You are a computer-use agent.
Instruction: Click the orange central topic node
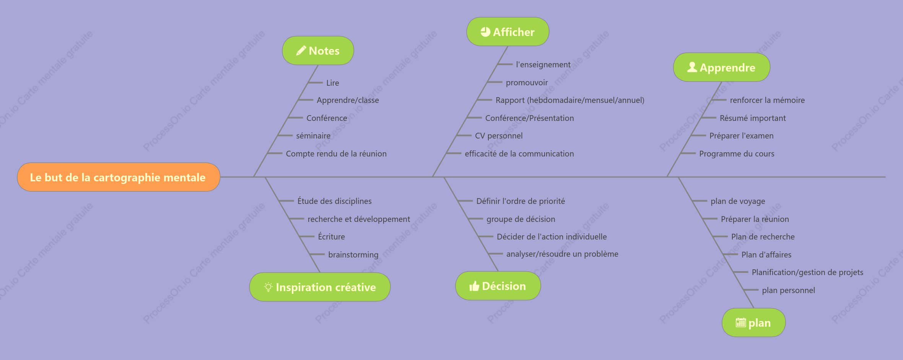119,177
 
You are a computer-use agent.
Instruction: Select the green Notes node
318,50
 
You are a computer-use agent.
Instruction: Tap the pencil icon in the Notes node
301,50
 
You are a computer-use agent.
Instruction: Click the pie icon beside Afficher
485,32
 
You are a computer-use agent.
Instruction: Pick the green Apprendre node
722,67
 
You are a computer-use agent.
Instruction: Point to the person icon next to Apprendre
692,67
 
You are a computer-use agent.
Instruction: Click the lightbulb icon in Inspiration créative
268,287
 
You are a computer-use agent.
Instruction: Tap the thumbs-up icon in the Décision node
474,286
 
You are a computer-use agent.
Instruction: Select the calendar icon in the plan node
741,323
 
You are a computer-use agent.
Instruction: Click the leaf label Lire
333,83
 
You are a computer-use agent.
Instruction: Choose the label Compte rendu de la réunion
336,154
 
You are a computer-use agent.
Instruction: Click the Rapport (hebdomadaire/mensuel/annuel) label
570,100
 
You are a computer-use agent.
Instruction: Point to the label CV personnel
499,136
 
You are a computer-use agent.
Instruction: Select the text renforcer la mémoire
767,100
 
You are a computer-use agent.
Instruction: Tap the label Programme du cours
737,154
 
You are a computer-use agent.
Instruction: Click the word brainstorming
353,255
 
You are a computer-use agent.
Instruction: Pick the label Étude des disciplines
335,201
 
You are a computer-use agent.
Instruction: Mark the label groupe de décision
521,219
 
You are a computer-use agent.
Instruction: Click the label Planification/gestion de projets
807,272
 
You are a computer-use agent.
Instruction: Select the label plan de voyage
738,201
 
